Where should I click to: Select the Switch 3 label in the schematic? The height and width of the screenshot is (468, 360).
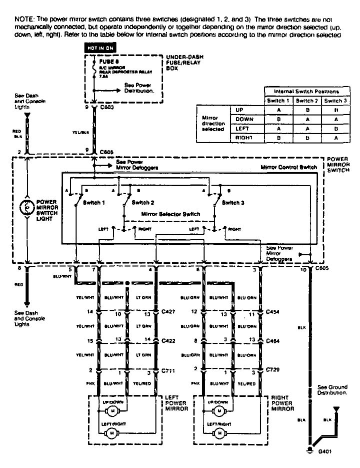click(234, 203)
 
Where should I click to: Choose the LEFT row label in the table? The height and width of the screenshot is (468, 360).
click(243, 128)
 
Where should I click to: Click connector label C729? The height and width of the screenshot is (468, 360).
click(273, 372)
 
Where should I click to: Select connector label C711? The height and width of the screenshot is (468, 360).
click(169, 372)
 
